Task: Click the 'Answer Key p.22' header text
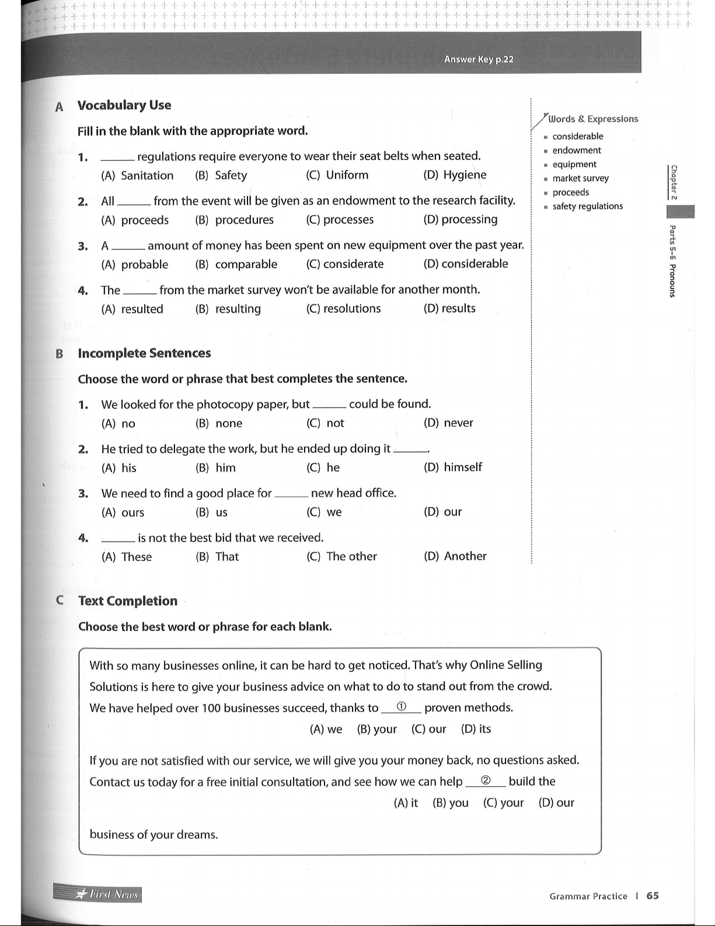[479, 59]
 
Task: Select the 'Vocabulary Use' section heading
[124, 105]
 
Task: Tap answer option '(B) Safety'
[221, 175]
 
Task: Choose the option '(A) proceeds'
[135, 220]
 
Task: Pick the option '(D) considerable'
[466, 264]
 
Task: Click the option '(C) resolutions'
[343, 308]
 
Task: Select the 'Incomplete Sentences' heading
[144, 353]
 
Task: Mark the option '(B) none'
[219, 424]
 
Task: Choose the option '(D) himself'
[453, 467]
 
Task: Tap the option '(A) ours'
[123, 512]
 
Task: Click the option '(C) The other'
[341, 556]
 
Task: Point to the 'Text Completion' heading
[128, 601]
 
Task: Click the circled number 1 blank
[401, 707]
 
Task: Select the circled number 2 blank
[485, 781]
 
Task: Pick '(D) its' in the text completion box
[476, 729]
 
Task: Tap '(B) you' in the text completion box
[450, 803]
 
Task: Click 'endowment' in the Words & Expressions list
[577, 150]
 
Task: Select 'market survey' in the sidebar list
[580, 178]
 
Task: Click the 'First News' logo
[97, 894]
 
